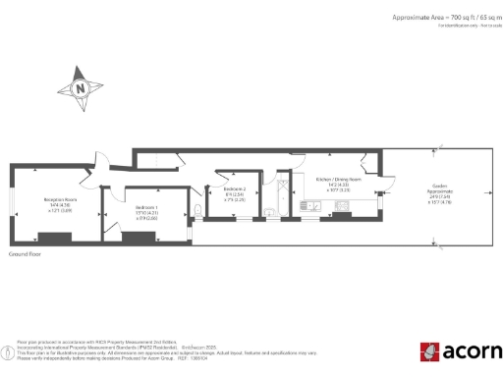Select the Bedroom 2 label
(x=235, y=188)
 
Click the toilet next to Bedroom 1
(x=198, y=210)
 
